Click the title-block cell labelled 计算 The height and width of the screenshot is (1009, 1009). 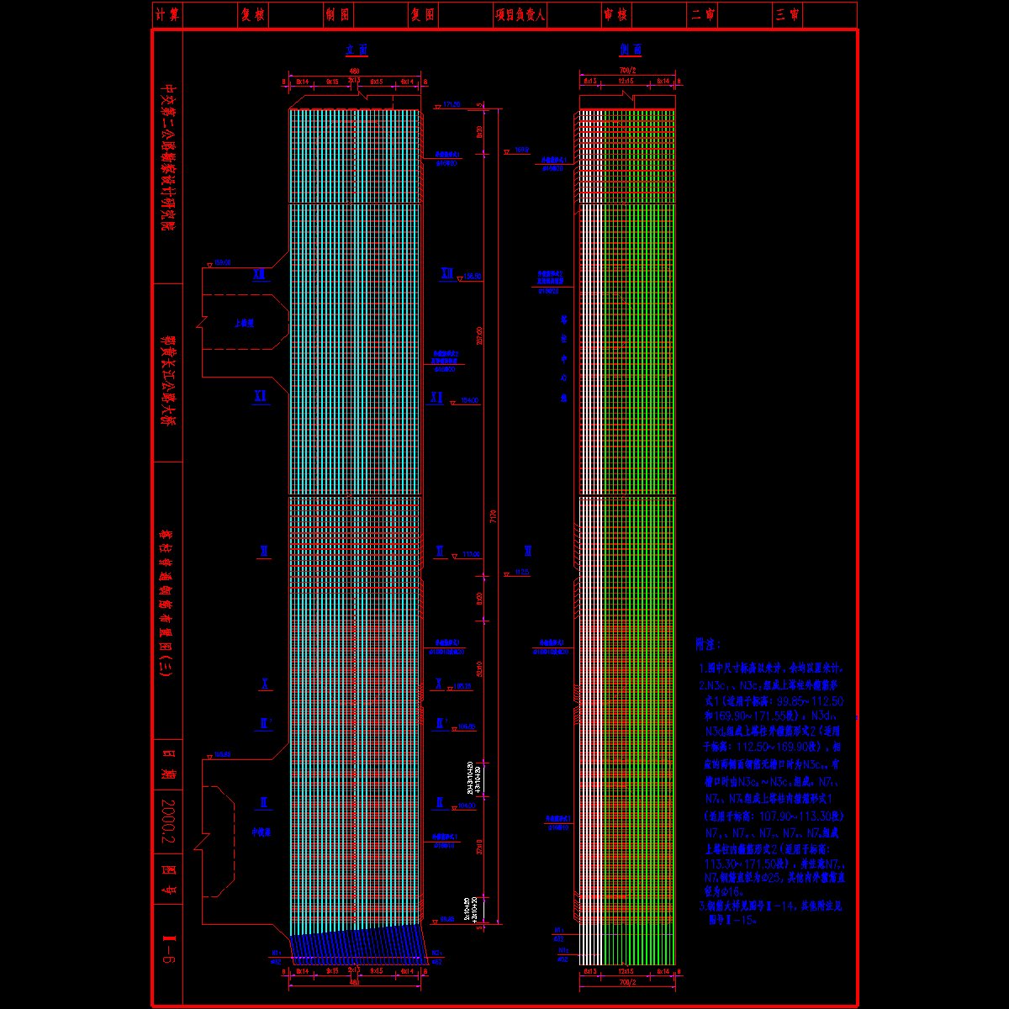[166, 14]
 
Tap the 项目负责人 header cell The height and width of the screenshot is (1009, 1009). [520, 14]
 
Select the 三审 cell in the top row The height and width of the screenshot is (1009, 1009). [788, 14]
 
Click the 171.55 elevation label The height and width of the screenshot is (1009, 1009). [452, 105]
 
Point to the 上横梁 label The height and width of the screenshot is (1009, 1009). [245, 323]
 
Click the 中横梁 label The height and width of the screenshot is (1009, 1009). [261, 832]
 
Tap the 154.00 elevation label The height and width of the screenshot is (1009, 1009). [470, 400]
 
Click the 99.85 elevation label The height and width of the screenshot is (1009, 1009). [447, 918]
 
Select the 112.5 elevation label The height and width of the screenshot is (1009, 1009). [522, 572]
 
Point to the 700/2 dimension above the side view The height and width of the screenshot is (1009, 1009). [626, 71]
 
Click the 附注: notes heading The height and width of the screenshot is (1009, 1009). [709, 646]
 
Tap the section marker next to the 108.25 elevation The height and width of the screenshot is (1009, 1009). [437, 724]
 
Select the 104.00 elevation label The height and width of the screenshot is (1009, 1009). [468, 806]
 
